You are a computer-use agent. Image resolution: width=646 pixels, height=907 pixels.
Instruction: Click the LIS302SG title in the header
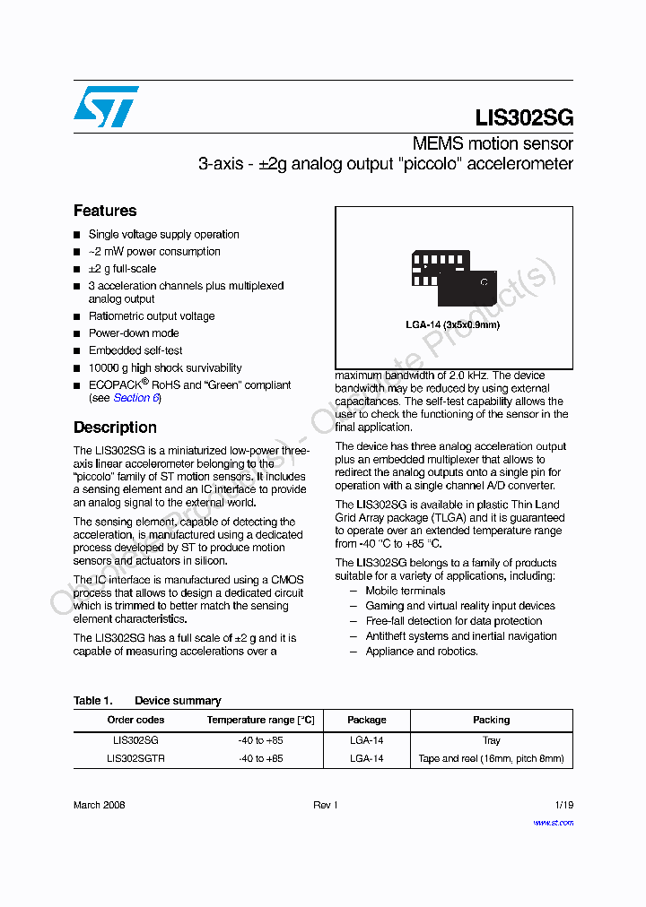(524, 118)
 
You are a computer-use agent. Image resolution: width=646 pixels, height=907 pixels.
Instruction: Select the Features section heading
(105, 211)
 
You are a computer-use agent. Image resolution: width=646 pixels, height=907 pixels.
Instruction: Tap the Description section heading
(115, 428)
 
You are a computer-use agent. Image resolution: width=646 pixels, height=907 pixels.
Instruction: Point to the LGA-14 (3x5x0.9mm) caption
(452, 324)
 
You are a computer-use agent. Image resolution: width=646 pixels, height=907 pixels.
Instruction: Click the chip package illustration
(453, 278)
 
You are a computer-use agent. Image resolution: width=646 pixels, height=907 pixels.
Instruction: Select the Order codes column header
(135, 720)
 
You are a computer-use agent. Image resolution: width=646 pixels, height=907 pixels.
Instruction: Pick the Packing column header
(491, 720)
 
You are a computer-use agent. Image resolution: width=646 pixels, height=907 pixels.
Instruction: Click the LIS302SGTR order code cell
(135, 758)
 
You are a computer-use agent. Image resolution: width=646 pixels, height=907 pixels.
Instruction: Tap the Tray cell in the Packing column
(491, 740)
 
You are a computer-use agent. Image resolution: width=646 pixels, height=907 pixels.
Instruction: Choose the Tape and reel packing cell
(491, 758)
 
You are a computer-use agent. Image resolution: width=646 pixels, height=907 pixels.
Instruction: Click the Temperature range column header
(260, 720)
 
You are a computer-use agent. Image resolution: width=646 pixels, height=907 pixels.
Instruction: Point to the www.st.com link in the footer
(553, 822)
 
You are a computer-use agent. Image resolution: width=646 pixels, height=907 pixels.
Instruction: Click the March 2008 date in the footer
(99, 805)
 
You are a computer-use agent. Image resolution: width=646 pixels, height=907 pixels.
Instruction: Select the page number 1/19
(563, 805)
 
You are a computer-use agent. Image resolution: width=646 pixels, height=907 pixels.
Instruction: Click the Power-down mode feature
(134, 333)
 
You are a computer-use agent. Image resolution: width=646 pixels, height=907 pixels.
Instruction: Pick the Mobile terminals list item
(405, 591)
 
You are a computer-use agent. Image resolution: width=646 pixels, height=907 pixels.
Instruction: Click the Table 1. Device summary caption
(147, 701)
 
